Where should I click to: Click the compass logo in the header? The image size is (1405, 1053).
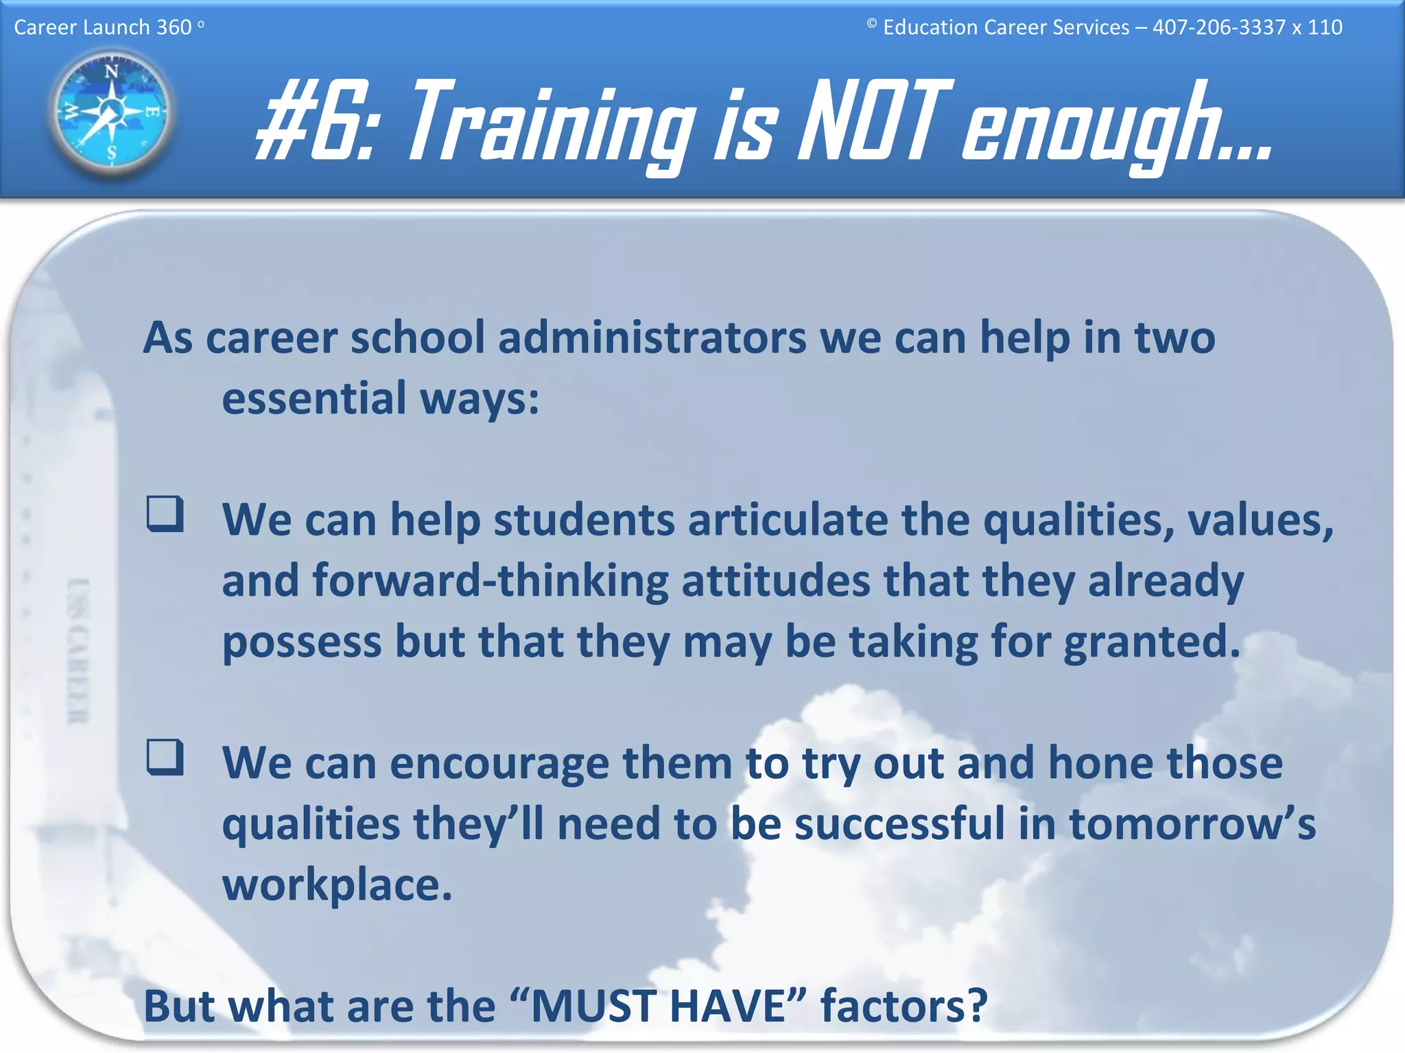pyautogui.click(x=112, y=112)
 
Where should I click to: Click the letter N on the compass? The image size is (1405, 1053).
pyautogui.click(x=111, y=71)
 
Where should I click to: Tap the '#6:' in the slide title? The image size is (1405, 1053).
pyautogui.click(x=315, y=122)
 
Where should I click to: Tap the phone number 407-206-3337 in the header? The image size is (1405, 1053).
pyautogui.click(x=1218, y=27)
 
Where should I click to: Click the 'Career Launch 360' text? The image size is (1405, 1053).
pyautogui.click(x=103, y=27)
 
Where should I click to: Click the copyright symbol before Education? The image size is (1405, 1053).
pyautogui.click(x=871, y=24)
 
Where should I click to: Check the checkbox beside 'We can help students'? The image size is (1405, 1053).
pyautogui.click(x=165, y=514)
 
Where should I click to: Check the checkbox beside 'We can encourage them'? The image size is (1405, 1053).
pyautogui.click(x=165, y=757)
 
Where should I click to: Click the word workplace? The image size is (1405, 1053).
pyautogui.click(x=337, y=885)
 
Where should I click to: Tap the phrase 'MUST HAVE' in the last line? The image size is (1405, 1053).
pyautogui.click(x=658, y=1006)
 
